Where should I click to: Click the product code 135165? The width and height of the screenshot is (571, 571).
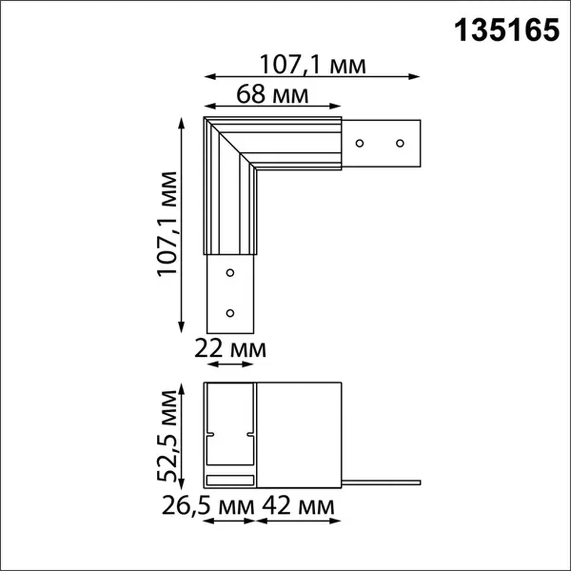[x=507, y=31]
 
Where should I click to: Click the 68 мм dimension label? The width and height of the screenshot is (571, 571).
[x=272, y=95]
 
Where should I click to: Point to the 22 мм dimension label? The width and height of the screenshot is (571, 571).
[x=230, y=349]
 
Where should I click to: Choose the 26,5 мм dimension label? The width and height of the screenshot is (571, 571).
[x=208, y=506]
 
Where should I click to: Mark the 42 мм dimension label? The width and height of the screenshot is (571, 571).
[x=298, y=506]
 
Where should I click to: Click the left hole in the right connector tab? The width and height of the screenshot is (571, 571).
[x=360, y=143]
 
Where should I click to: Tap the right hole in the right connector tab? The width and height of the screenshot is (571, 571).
[x=400, y=143]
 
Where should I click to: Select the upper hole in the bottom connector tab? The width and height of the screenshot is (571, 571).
[x=230, y=273]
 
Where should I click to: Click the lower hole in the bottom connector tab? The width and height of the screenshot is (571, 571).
[x=230, y=313]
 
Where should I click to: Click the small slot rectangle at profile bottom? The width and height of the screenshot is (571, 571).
[x=230, y=480]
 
